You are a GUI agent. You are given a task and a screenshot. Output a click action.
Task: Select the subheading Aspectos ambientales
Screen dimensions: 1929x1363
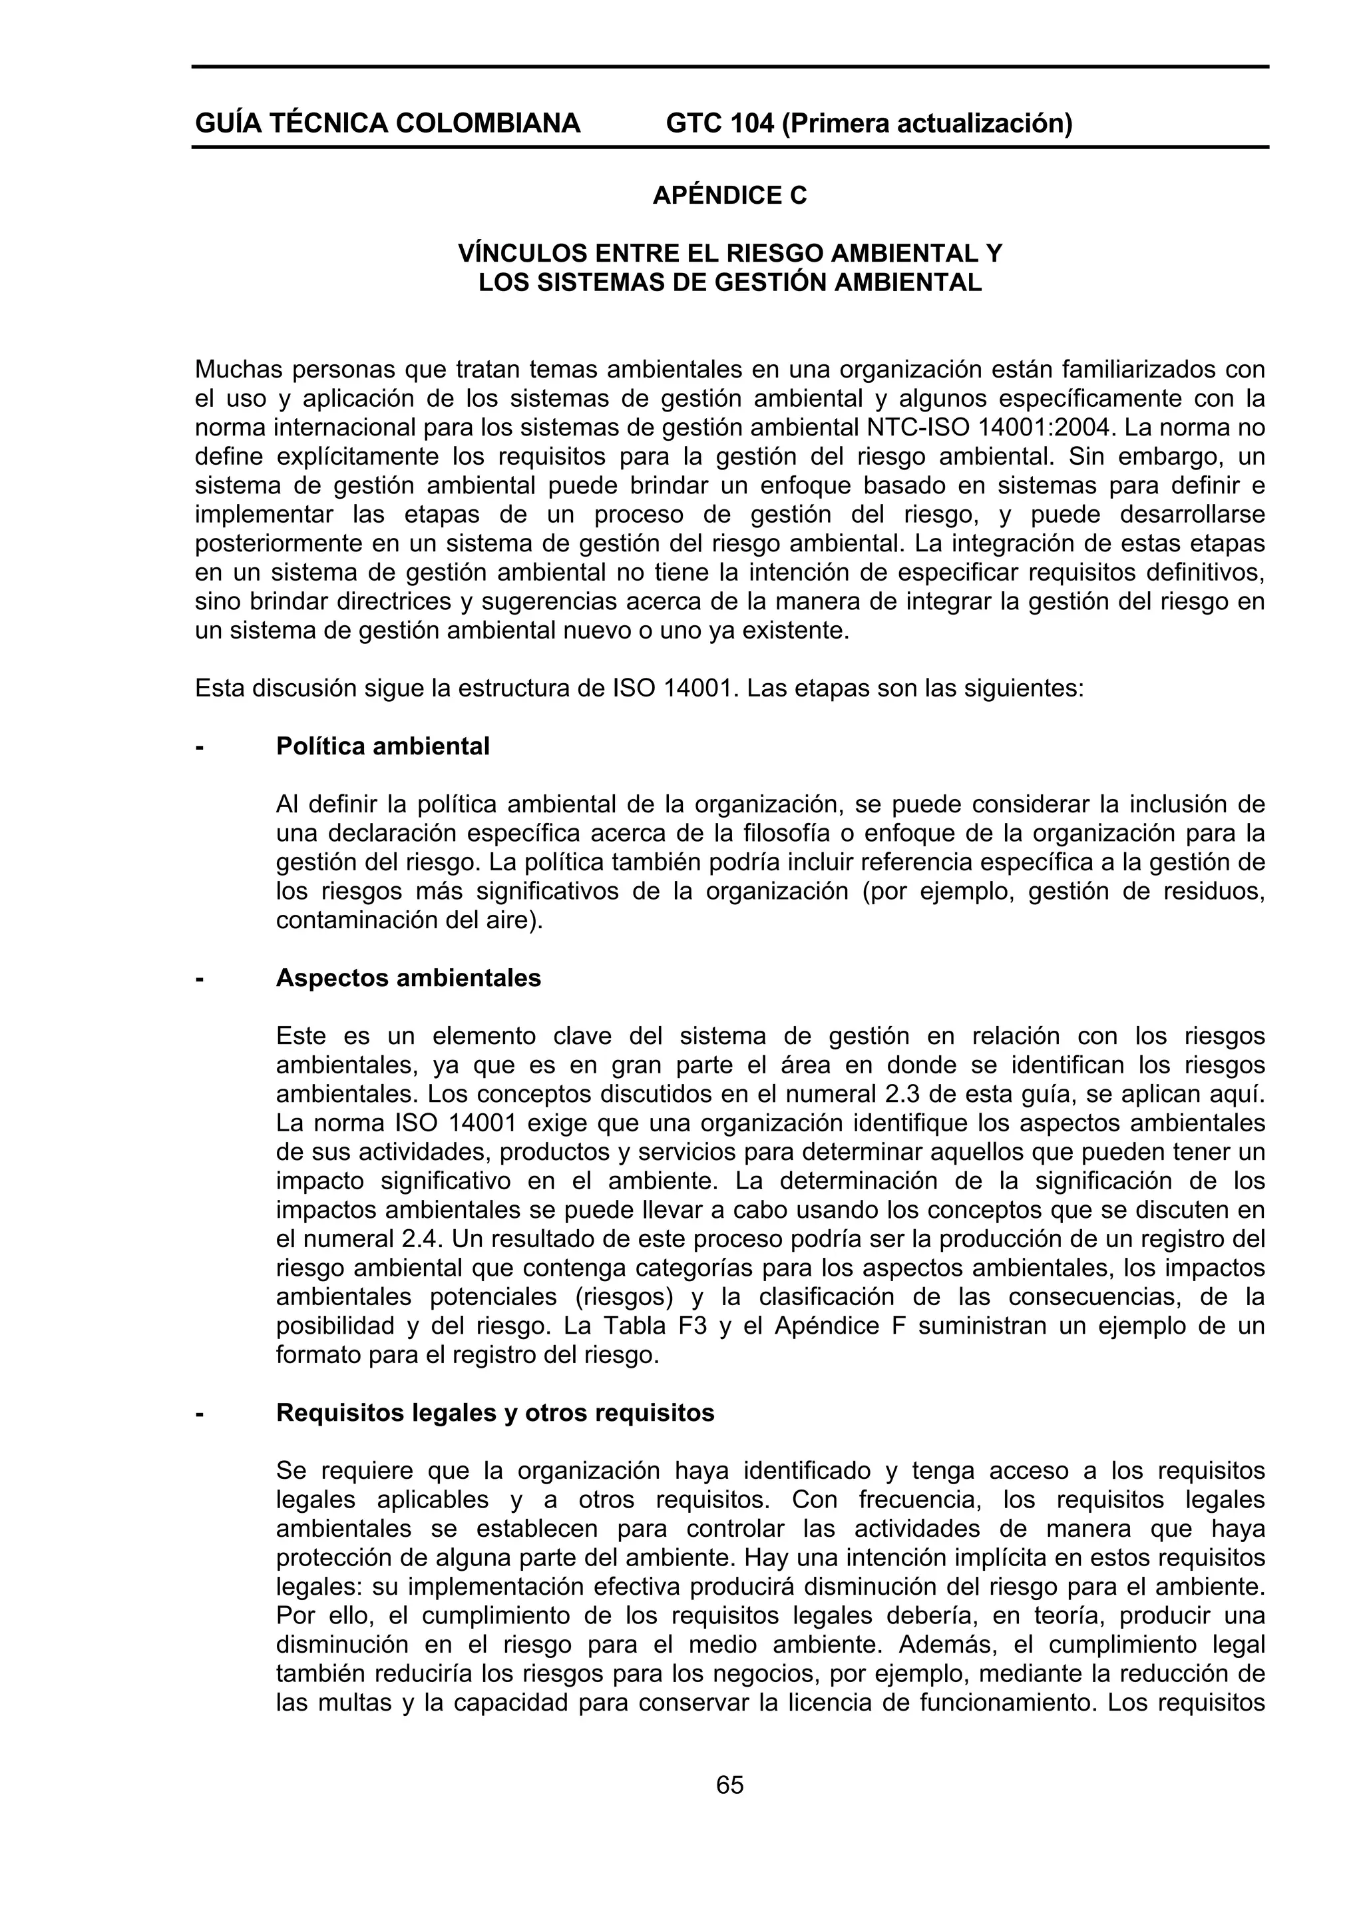tap(408, 978)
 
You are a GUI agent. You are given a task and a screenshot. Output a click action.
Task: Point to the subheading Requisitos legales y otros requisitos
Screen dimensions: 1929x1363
tap(494, 1412)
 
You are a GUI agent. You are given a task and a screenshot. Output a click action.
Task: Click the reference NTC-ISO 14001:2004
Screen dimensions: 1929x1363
tap(992, 427)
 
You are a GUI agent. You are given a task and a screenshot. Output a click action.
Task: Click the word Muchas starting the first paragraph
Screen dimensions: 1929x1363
tap(237, 370)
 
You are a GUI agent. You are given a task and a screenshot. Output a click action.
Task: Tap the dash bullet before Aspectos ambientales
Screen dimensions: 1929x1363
tap(199, 978)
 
